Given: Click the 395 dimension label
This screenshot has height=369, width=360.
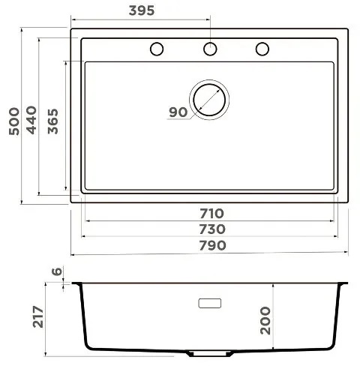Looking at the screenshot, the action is click(142, 10).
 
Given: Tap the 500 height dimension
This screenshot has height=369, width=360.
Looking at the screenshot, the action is click(14, 121).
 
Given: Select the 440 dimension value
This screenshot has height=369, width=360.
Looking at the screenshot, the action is click(31, 120).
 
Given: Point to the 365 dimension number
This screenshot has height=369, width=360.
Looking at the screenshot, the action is click(53, 121).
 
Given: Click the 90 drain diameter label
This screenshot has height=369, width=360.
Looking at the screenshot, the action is click(178, 112).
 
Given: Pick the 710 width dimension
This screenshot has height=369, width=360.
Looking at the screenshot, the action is click(211, 214).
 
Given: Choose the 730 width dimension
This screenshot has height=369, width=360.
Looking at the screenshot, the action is click(212, 229).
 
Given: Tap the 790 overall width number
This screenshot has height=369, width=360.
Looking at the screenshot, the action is click(213, 245).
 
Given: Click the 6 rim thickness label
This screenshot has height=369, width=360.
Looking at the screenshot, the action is click(57, 271).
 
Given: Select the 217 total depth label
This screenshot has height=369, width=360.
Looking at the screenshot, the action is click(38, 316).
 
